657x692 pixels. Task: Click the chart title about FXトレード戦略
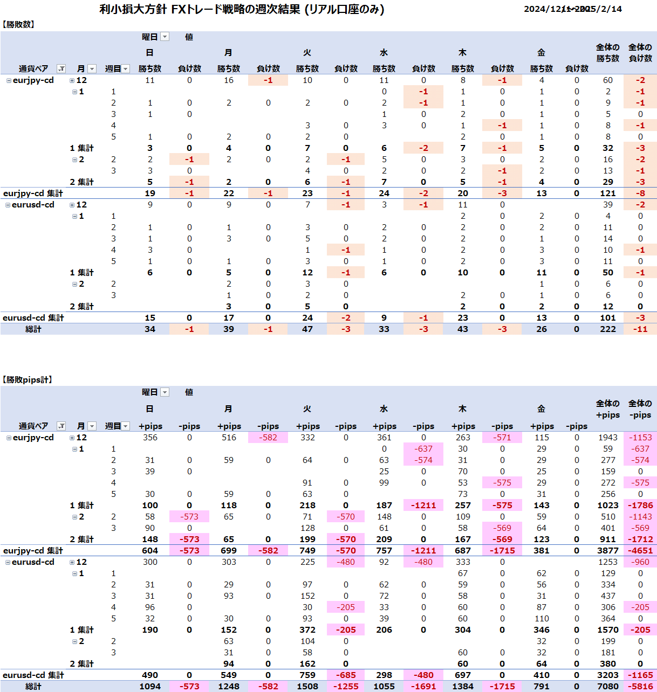coord(242,9)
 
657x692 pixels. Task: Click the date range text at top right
coord(572,9)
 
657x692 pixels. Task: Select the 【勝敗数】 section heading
coord(19,24)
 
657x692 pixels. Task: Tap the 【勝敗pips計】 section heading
coord(28,379)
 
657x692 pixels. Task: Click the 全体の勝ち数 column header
coord(607,53)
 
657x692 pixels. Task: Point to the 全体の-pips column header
coord(640,409)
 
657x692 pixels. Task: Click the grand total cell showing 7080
coord(607,686)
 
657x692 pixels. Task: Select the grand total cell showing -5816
coord(640,686)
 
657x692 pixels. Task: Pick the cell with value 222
coord(607,329)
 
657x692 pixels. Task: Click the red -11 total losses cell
coord(640,329)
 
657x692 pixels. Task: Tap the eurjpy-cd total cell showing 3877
coord(607,550)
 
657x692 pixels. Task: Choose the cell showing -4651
coord(640,550)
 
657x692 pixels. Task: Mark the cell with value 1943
coord(607,437)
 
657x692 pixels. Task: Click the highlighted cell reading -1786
coord(640,505)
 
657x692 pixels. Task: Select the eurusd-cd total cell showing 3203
coord(607,675)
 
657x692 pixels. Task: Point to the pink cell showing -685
coord(346,675)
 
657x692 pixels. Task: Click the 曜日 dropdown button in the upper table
coord(165,37)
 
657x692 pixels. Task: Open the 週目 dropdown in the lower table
coord(126,426)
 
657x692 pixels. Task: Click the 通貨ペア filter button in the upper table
coord(61,68)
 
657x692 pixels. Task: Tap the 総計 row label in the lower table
coord(33,686)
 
